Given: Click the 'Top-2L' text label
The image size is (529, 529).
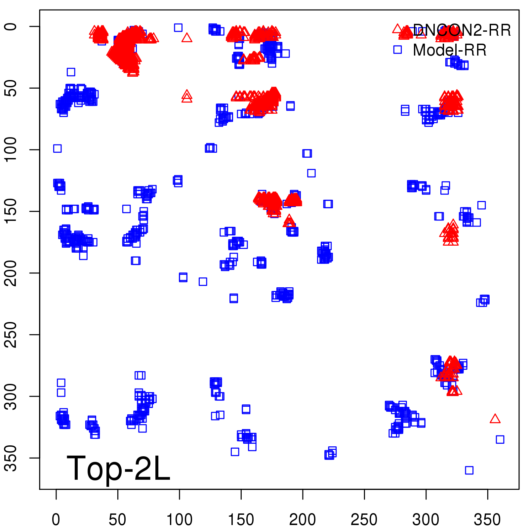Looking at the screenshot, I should pyautogui.click(x=118, y=468).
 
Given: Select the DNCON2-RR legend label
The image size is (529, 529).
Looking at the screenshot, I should pyautogui.click(x=462, y=30).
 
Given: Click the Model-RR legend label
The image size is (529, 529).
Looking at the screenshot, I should pyautogui.click(x=450, y=50).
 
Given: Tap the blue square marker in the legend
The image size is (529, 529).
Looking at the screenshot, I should pyautogui.click(x=397, y=50).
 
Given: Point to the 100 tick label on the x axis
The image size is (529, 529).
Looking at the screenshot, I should pyautogui.click(x=179, y=519).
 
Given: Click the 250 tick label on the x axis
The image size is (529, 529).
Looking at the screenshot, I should pyautogui.click(x=364, y=519).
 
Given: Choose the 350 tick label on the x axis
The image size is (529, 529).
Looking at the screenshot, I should pyautogui.click(x=487, y=519).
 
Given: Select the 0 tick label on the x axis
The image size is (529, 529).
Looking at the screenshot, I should pyautogui.click(x=56, y=519).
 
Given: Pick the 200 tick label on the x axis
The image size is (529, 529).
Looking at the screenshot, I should pyautogui.click(x=303, y=519).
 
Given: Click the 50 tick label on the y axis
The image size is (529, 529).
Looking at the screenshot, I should pyautogui.click(x=11, y=88).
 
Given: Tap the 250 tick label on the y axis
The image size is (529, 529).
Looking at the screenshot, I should pyautogui.click(x=11, y=335).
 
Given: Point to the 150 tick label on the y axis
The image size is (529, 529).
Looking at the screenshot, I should pyautogui.click(x=11, y=211).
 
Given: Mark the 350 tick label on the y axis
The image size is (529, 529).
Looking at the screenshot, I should pyautogui.click(x=11, y=458).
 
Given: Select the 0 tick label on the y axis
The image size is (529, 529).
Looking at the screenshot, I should pyautogui.click(x=11, y=26).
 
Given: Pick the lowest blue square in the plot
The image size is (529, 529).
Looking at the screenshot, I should pyautogui.click(x=469, y=470).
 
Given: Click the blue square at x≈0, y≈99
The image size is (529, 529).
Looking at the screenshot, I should pyautogui.click(x=57, y=148).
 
